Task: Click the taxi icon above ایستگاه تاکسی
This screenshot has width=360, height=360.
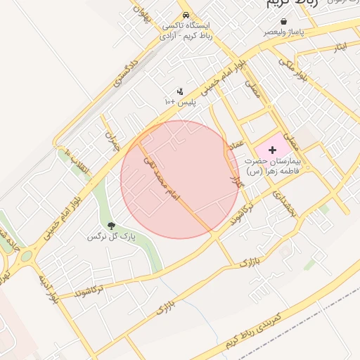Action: click(185, 14)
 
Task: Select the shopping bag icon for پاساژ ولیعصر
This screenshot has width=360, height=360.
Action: click(283, 22)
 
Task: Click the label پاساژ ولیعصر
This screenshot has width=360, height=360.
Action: click(283, 32)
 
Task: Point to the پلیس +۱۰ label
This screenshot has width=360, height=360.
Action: click(179, 103)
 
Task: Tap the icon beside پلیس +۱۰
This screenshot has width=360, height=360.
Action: click(180, 91)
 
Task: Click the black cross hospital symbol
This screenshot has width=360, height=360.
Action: click(272, 150)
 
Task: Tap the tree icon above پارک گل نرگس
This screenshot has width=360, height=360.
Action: click(111, 225)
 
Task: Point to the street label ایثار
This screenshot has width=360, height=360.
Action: click(342, 48)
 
